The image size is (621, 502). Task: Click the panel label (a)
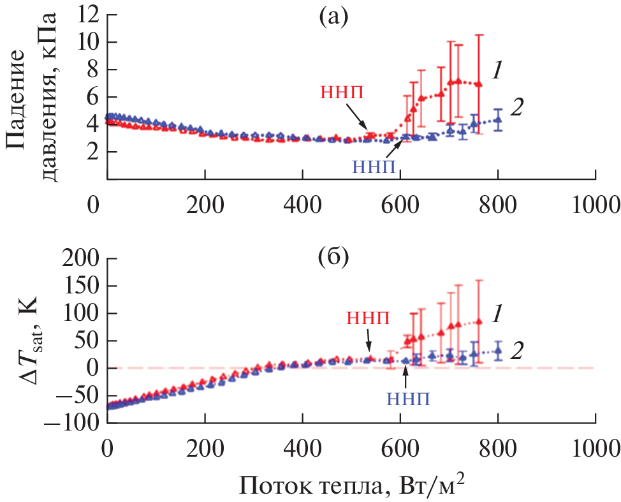(332, 17)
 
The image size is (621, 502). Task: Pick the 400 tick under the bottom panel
(303, 444)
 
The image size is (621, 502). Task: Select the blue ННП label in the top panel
(376, 167)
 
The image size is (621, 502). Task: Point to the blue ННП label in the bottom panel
(409, 399)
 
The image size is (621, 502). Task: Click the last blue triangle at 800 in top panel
(498, 119)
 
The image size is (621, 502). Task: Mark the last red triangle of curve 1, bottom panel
(479, 321)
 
